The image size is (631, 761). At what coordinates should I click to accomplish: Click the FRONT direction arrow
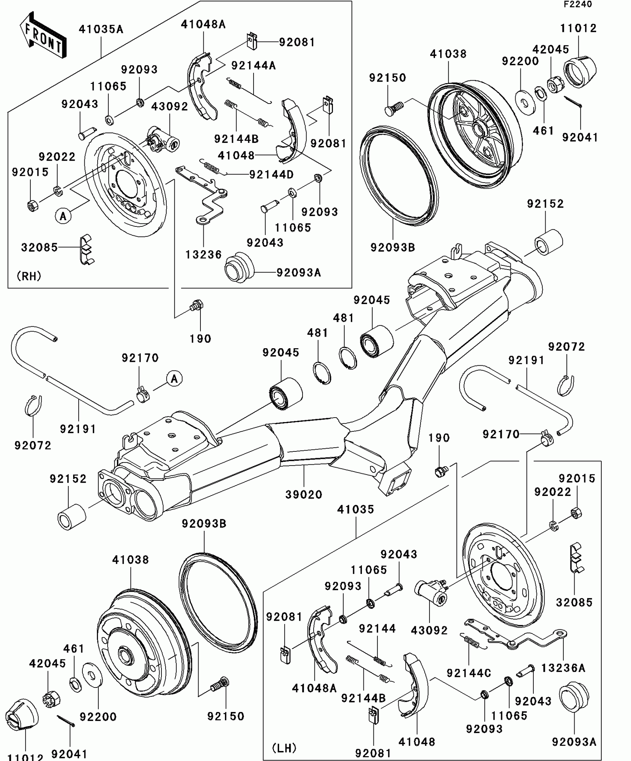43,35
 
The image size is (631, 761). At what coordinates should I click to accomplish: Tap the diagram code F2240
578,4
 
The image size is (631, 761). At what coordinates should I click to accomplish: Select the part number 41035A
101,29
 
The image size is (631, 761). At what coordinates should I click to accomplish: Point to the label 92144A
254,66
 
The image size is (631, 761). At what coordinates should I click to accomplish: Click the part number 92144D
271,174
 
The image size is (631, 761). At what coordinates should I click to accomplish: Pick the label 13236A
563,668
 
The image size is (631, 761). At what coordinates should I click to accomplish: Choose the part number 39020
304,494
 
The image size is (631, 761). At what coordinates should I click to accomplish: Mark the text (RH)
29,276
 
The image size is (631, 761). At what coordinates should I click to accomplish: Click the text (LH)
284,748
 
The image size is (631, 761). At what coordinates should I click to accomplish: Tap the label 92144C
469,673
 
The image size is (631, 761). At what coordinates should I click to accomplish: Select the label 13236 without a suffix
203,255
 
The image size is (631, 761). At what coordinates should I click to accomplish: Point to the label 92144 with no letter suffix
377,628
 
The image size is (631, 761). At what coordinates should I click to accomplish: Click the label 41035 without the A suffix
356,509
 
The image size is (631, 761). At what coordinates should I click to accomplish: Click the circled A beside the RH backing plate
63,216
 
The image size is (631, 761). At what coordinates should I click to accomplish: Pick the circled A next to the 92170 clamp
174,379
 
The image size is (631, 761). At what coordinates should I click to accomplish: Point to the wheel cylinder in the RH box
163,140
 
